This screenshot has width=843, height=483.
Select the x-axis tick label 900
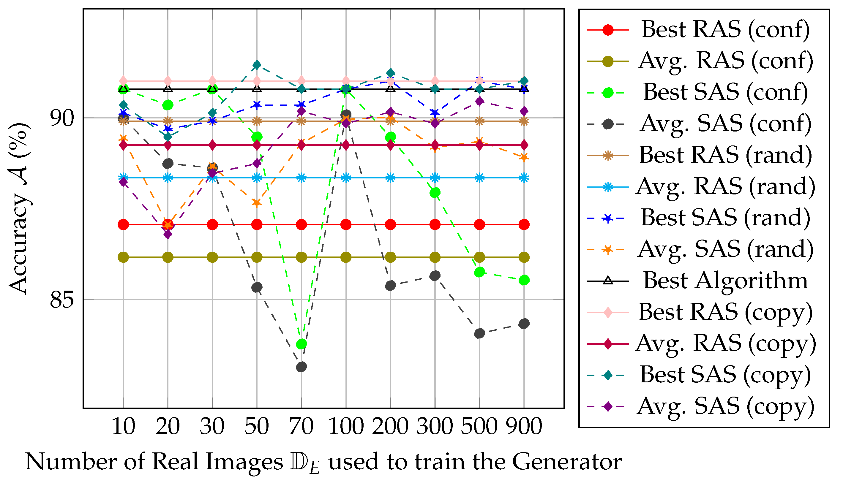(x=524, y=427)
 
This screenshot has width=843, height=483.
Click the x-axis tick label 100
(x=346, y=427)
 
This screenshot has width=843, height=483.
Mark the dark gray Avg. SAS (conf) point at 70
(x=301, y=367)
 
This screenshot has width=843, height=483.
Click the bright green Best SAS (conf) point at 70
(x=301, y=344)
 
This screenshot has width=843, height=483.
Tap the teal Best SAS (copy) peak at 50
(x=257, y=65)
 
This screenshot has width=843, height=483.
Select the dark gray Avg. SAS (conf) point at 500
(x=479, y=333)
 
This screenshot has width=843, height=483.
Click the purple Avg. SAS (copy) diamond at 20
(x=168, y=234)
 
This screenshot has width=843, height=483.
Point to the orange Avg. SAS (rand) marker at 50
(x=257, y=203)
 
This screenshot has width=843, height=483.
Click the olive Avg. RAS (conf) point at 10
(x=123, y=257)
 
